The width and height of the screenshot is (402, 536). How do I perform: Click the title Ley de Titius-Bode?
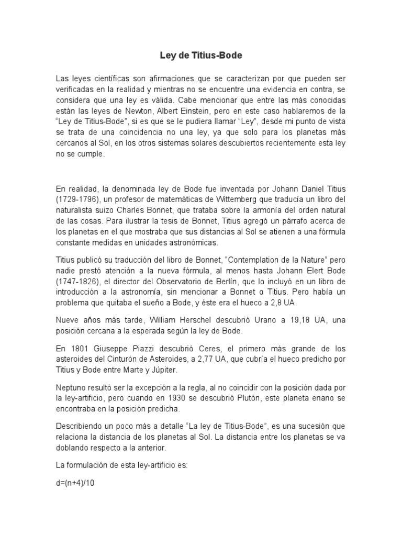tap(200, 55)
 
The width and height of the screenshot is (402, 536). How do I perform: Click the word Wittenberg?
tap(239, 199)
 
